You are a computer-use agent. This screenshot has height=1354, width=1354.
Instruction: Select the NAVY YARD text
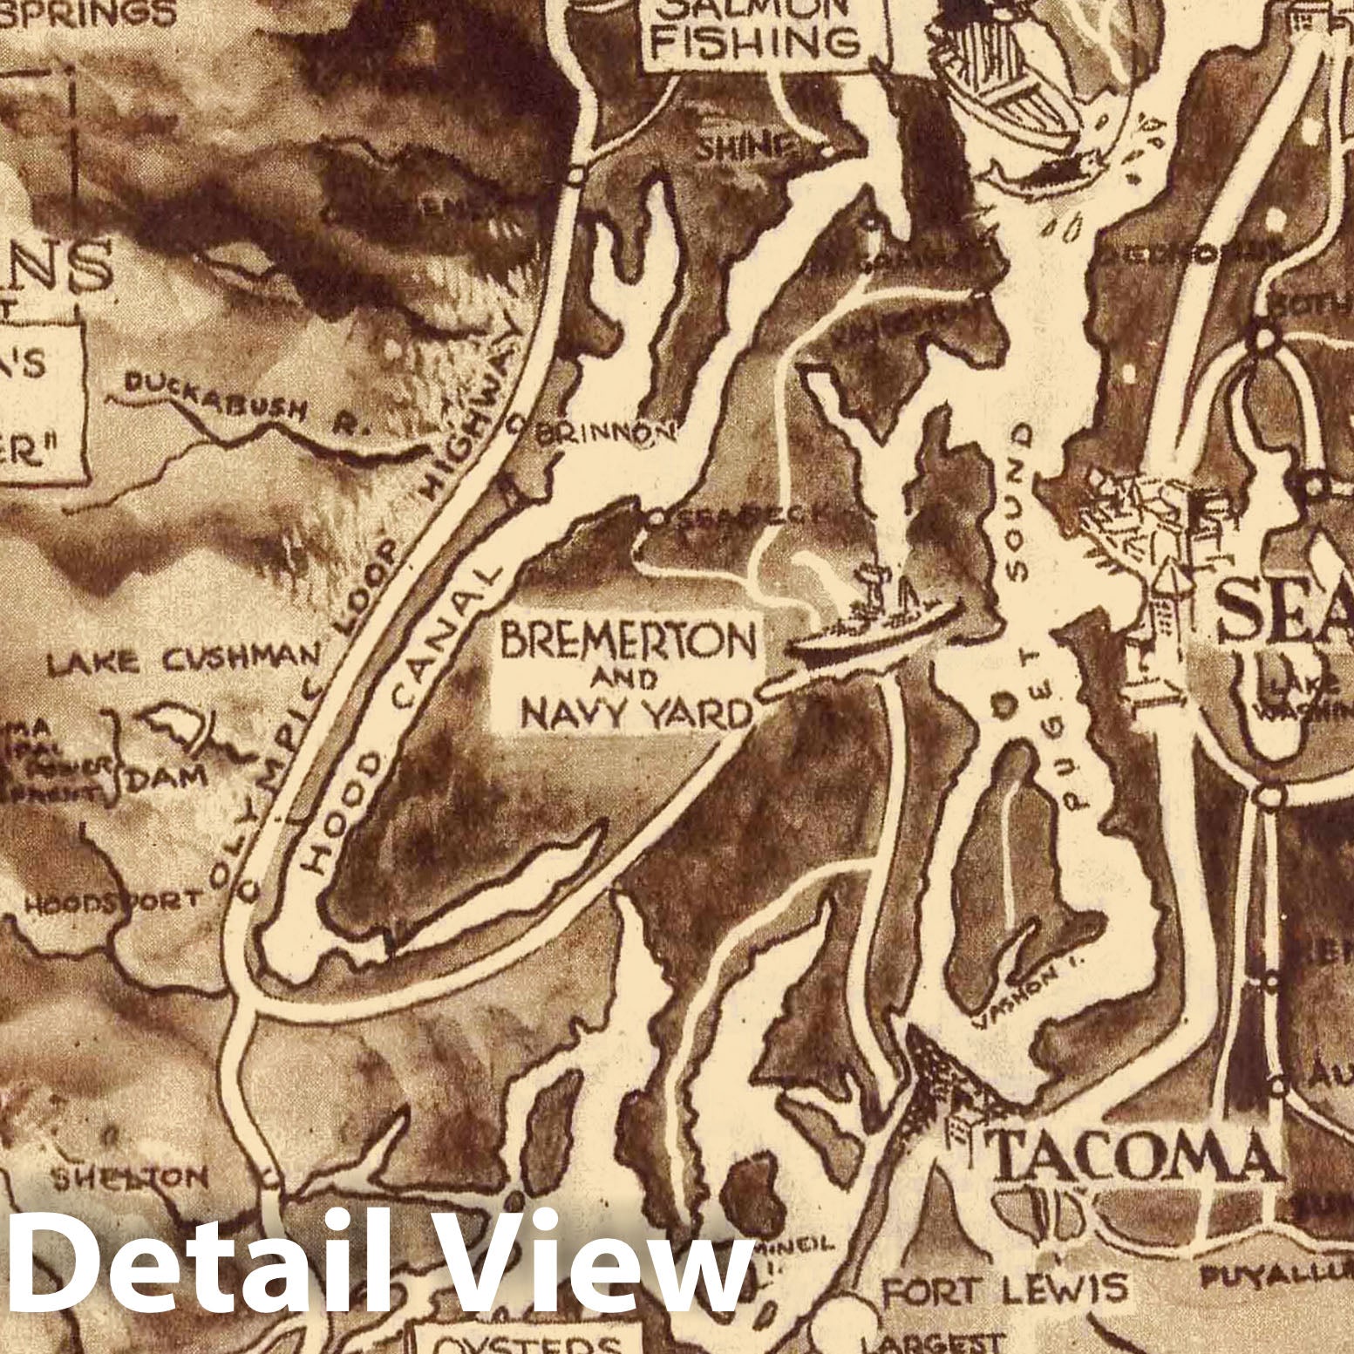point(636,714)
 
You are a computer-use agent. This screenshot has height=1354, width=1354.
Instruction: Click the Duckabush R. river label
point(247,403)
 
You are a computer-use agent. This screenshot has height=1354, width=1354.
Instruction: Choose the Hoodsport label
point(113,901)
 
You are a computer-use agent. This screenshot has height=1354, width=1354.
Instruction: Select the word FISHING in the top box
point(755,42)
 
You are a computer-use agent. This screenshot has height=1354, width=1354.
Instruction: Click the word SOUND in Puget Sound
point(1017,503)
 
